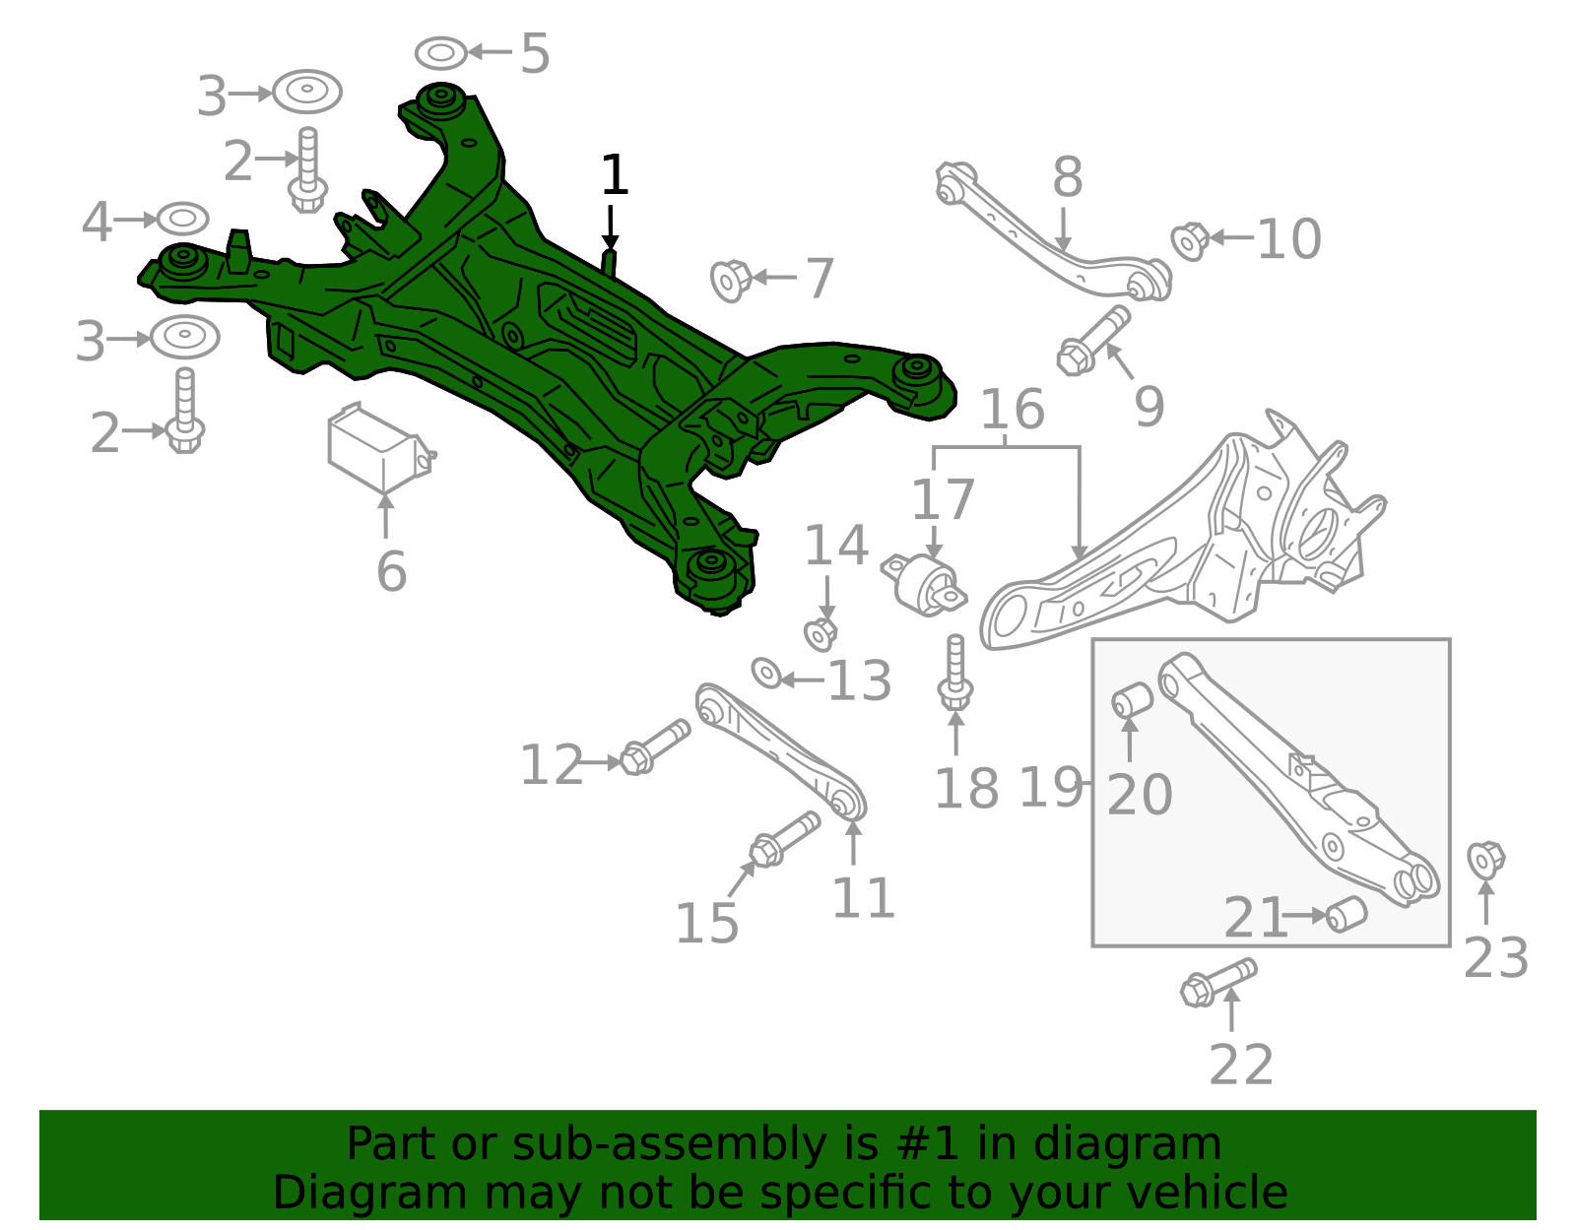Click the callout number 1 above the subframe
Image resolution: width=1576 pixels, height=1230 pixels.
615,174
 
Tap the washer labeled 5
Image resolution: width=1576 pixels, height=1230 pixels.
441,53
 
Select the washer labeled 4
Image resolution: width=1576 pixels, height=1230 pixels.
183,219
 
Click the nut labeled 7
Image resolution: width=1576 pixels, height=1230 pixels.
731,281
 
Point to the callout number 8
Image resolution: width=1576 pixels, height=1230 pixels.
1068,177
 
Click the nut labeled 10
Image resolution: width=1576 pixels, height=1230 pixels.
1190,241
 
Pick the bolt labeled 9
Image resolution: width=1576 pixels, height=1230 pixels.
1092,341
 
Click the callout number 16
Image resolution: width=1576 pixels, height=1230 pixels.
1013,409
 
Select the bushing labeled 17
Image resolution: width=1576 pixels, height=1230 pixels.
923,585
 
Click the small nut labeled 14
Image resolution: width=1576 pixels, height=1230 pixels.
821,634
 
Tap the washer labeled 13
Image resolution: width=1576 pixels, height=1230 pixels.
766,674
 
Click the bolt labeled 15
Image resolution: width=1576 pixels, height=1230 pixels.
785,839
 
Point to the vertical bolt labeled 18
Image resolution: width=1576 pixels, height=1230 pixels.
955,672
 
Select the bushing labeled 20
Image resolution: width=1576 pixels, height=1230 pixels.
1132,699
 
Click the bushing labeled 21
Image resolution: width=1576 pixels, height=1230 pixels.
1346,915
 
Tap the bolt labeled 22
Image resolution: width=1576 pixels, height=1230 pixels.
1218,983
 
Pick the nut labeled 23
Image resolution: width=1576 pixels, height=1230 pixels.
1486,861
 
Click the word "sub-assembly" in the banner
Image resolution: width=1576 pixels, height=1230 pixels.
670,1143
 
